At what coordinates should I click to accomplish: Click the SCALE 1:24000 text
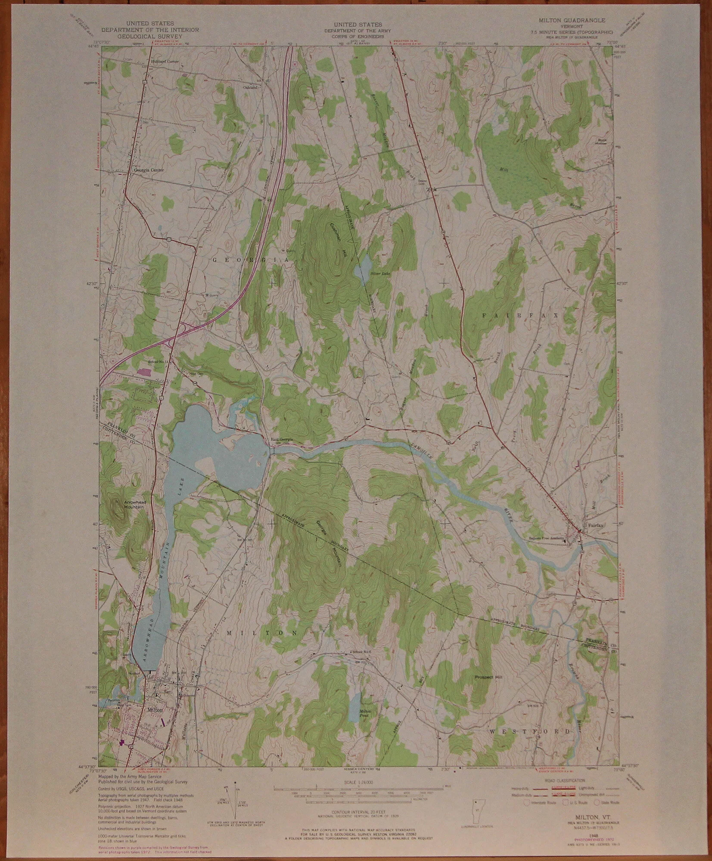[x=359, y=782]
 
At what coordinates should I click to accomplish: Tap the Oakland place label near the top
[x=250, y=87]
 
